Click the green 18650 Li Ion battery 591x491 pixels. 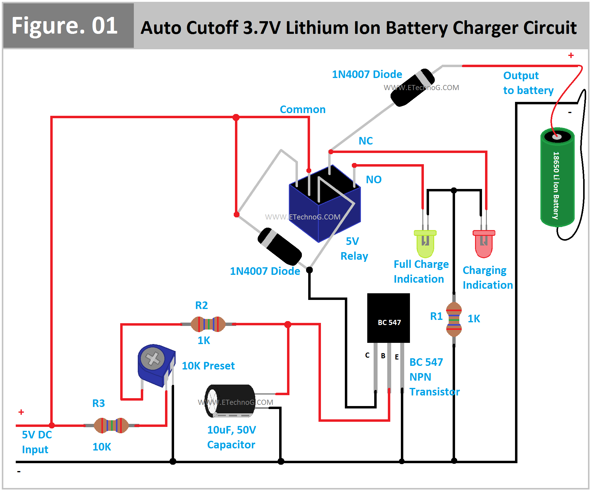pos(557,178)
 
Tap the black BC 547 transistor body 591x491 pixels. pos(388,317)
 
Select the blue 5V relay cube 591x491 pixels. pos(324,206)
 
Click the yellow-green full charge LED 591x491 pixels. pos(425,243)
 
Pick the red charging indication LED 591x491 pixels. pos(484,243)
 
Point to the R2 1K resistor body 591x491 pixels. pos(208,324)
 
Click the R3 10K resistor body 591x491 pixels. pos(111,425)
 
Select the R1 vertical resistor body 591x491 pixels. pos(454,319)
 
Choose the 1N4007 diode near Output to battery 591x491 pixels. pos(413,88)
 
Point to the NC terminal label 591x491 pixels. pos(365,141)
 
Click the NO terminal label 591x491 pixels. pos(374,180)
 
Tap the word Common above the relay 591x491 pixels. pos(302,109)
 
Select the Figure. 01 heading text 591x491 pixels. pos(64,26)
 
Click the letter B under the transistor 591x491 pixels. pos(383,356)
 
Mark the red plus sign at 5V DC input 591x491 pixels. pos(21,412)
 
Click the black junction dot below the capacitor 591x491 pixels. pos(281,461)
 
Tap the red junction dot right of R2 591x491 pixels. pos(288,324)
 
